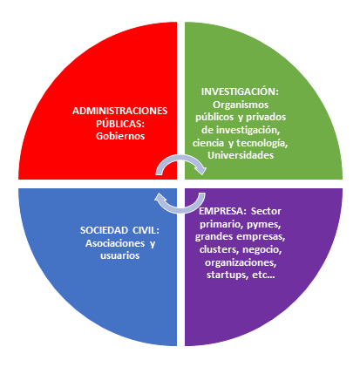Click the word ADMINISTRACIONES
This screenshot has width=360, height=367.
[119, 111]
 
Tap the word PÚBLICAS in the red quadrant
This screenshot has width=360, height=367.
[119, 124]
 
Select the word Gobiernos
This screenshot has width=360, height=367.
[120, 136]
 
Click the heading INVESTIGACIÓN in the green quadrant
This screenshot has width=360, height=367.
[239, 92]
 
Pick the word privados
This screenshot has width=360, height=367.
[266, 117]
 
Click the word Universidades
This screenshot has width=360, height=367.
[241, 155]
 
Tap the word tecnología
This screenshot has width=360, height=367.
[261, 143]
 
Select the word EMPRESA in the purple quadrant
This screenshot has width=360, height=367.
[221, 211]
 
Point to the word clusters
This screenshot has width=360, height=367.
[218, 249]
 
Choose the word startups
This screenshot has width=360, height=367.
[226, 275]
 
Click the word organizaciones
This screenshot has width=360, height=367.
[241, 262]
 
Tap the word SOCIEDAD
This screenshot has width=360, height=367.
[104, 230]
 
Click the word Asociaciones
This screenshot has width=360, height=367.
[115, 243]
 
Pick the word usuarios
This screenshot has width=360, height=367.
[120, 255]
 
